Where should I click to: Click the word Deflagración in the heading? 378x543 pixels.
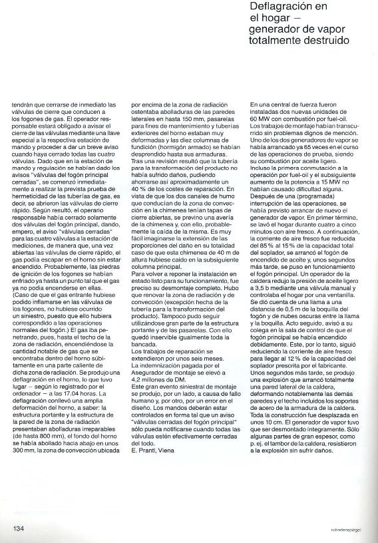click(277, 9)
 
